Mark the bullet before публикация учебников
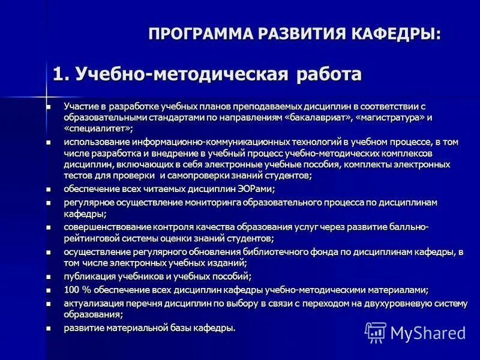click(x=49, y=277)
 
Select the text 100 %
click(x=76, y=290)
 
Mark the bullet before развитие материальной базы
click(x=49, y=328)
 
